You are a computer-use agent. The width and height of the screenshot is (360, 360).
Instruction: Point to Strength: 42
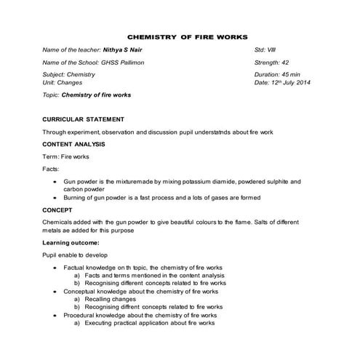point(272,63)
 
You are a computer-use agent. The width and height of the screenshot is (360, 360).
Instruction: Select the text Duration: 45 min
point(278,75)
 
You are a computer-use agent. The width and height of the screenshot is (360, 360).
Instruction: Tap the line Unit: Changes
point(64,84)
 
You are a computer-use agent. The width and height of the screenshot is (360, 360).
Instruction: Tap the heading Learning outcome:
point(71,241)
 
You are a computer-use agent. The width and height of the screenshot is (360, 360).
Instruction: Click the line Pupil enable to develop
point(76,255)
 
